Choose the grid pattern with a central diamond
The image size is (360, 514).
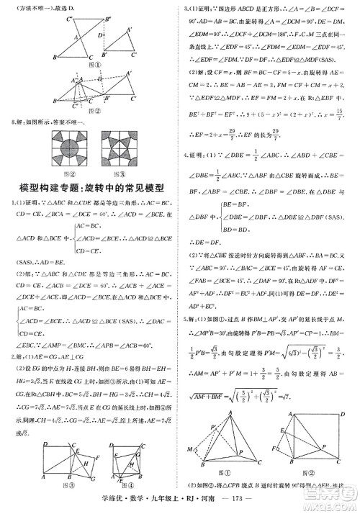click(119, 150)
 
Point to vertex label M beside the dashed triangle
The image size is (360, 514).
click(193, 451)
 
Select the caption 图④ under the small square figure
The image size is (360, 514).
click(114, 483)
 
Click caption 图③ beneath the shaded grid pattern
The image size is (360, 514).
click(119, 173)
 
